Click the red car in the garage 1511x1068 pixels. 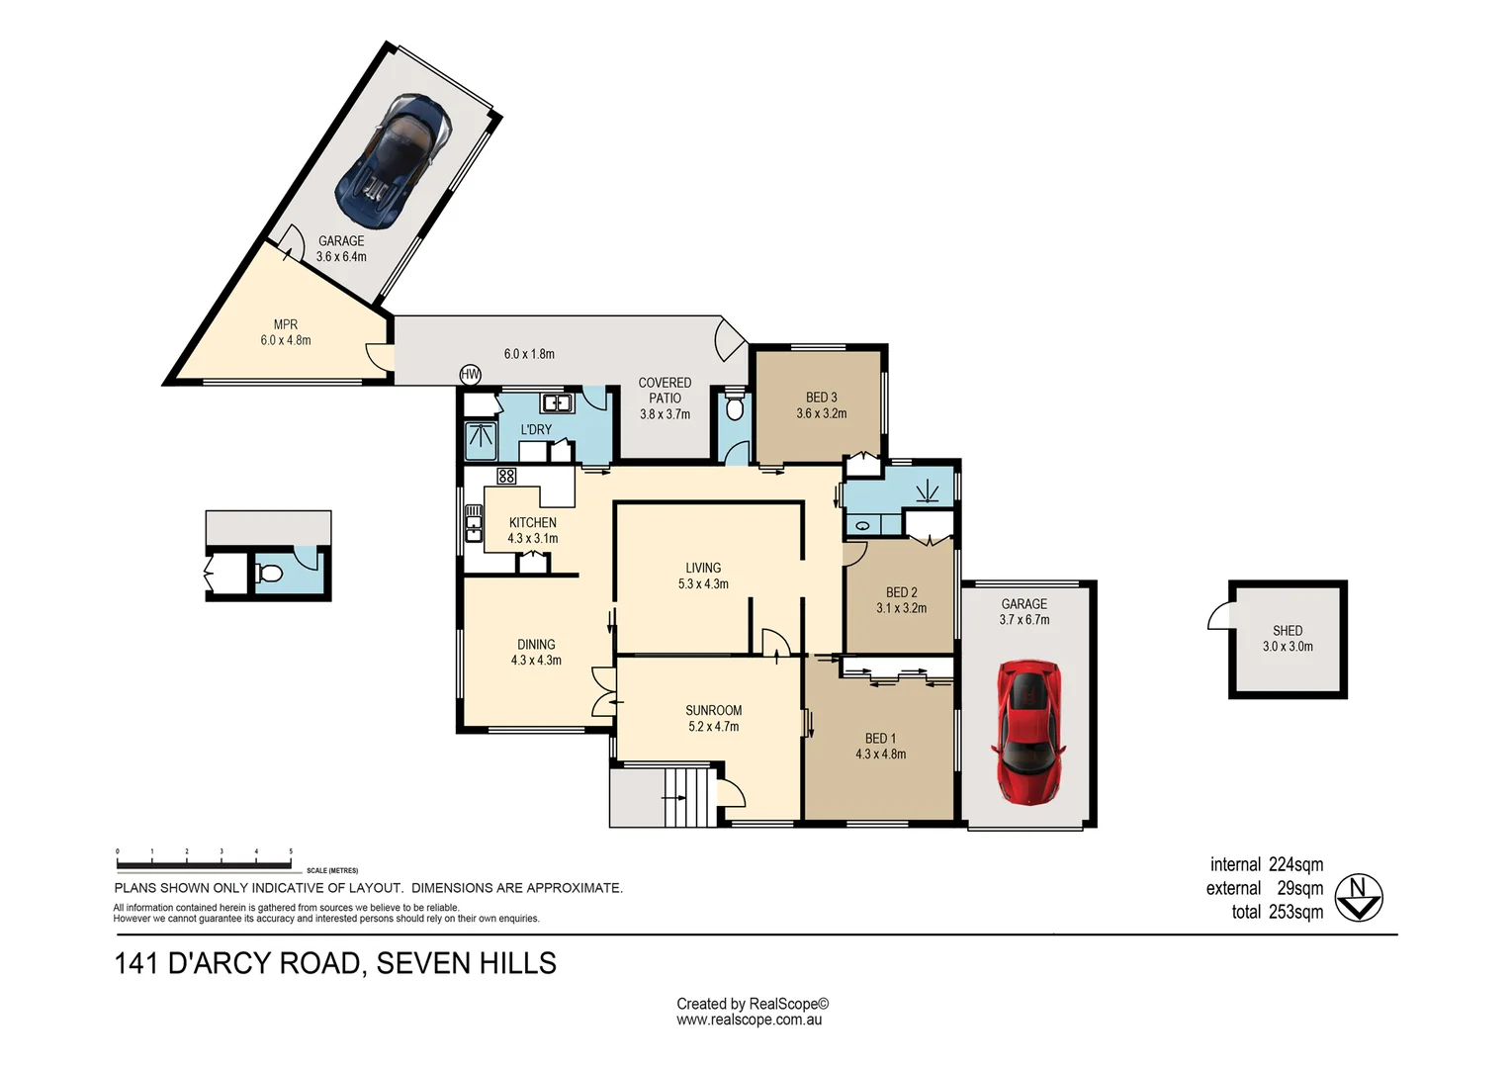pos(1027,731)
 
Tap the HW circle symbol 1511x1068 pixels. pos(471,375)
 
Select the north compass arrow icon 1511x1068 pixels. pos(1359,898)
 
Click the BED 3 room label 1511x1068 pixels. pos(821,398)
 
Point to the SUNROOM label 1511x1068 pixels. pos(713,710)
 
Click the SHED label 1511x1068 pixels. pos(1288,630)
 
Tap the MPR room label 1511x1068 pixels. pos(285,324)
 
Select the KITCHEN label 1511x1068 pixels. pos(532,522)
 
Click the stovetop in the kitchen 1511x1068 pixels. pos(506,477)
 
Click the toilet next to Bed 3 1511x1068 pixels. pos(734,408)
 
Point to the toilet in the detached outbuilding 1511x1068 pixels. pos(269,573)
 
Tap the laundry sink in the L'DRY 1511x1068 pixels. pos(557,403)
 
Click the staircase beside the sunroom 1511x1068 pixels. pos(687,795)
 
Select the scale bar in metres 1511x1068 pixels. pos(204,861)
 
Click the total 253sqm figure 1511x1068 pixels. pos(1277,912)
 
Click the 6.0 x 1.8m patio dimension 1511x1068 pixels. pos(529,354)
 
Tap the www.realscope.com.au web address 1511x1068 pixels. pos(749,1021)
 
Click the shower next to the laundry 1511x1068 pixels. pos(482,440)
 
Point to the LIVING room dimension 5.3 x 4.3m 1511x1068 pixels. pos(703,584)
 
